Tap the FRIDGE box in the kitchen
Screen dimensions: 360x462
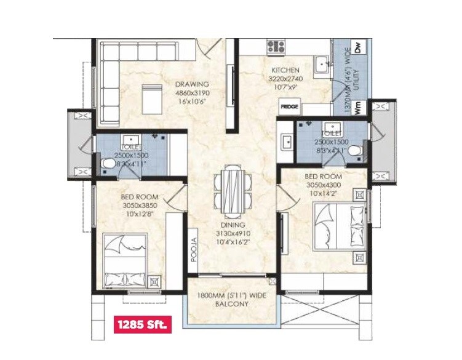[290, 106]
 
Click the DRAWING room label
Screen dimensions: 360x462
[192, 84]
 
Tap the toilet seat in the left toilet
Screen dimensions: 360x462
[108, 164]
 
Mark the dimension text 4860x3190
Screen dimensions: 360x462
[192, 93]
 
